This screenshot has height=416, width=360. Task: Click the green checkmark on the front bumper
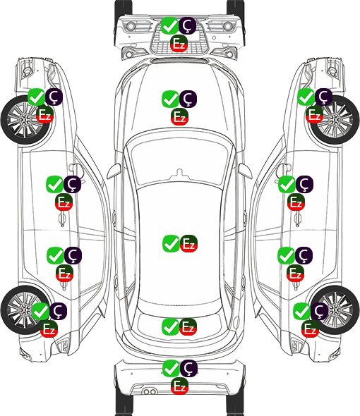pyautogui.click(x=170, y=25)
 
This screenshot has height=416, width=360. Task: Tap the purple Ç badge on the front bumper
pyautogui.click(x=187, y=25)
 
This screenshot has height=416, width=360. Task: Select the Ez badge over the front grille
pyautogui.click(x=179, y=43)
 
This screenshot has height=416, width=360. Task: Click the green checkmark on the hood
pyautogui.click(x=170, y=99)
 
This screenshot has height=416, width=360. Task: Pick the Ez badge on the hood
pyautogui.click(x=179, y=116)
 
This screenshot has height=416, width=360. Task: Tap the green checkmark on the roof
pyautogui.click(x=171, y=243)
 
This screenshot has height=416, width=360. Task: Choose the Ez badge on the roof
pyautogui.click(x=188, y=243)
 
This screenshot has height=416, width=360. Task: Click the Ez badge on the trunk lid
pyautogui.click(x=188, y=326)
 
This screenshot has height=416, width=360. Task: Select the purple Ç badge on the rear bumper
pyautogui.click(x=188, y=368)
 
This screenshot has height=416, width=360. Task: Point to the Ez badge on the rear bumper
pyautogui.click(x=180, y=386)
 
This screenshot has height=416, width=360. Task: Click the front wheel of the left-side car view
pyautogui.click(x=25, y=121)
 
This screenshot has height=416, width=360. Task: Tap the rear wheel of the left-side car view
pyautogui.click(x=24, y=310)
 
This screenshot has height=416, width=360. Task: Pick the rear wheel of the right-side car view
pyautogui.click(x=335, y=310)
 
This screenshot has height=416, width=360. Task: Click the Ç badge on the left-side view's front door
pyautogui.click(x=72, y=184)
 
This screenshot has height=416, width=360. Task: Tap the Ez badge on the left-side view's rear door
pyautogui.click(x=64, y=273)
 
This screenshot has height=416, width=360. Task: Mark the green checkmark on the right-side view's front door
pyautogui.click(x=287, y=184)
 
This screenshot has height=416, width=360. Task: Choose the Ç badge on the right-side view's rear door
pyautogui.click(x=304, y=255)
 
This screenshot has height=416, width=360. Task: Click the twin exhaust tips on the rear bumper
pyautogui.click(x=150, y=391)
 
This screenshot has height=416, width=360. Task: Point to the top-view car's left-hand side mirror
pyautogui.click(x=114, y=171)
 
